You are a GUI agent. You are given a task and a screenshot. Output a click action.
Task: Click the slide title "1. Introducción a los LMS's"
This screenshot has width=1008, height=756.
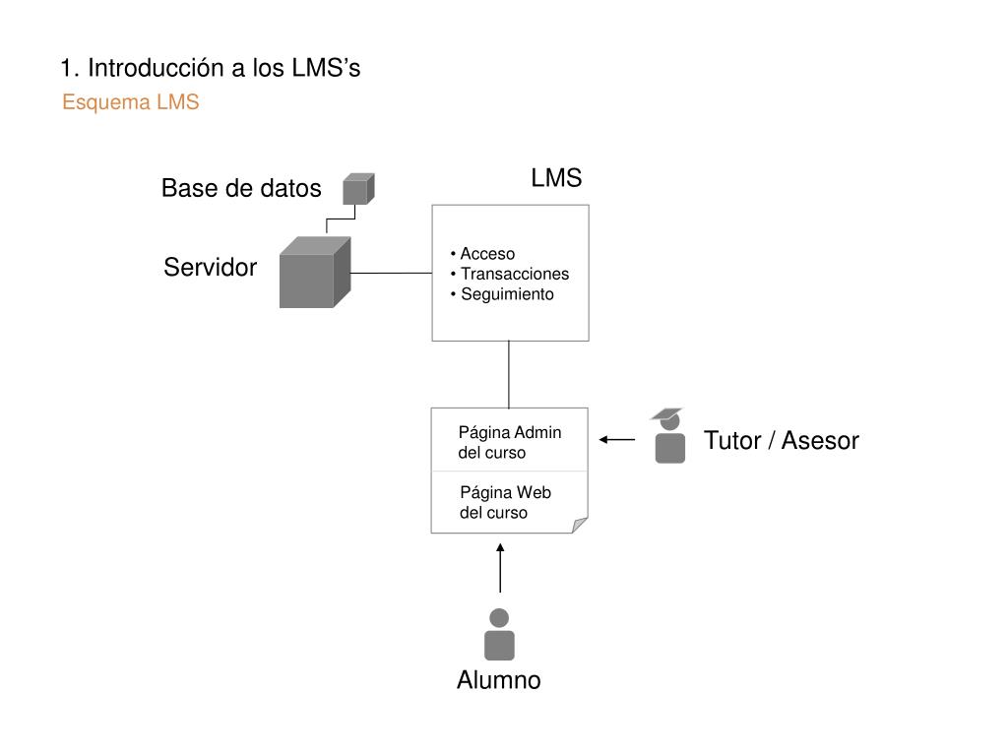tap(211, 68)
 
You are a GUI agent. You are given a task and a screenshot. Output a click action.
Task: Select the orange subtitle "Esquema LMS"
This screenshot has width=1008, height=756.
tap(131, 102)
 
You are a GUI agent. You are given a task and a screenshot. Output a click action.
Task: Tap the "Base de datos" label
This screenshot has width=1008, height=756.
tap(241, 188)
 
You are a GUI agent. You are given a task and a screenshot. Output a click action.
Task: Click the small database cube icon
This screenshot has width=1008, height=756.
tap(358, 188)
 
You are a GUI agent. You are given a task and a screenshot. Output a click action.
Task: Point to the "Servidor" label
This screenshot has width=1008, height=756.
tap(211, 267)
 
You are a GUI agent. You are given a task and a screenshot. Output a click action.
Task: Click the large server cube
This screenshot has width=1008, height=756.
tap(315, 273)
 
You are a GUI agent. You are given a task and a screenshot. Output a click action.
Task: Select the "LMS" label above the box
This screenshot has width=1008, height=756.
tap(556, 178)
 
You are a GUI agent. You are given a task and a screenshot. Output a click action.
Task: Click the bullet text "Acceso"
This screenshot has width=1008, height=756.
tap(487, 254)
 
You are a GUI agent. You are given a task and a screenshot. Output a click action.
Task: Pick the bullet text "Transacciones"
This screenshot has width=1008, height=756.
tap(515, 274)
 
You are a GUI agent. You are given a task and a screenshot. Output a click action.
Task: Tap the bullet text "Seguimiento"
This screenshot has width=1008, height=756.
tap(507, 294)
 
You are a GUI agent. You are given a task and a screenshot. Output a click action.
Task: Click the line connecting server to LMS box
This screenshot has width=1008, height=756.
tap(392, 274)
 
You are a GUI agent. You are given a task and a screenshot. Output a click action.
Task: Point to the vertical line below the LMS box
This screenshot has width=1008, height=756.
tap(509, 374)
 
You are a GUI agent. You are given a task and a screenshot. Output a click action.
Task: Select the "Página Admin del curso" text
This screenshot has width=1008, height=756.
tap(510, 442)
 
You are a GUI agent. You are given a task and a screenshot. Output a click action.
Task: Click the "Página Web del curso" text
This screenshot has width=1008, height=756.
tap(505, 502)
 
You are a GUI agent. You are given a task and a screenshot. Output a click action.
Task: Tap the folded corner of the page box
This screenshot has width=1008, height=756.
tap(579, 525)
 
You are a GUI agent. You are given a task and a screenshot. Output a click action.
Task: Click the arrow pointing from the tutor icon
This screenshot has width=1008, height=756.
tap(617, 440)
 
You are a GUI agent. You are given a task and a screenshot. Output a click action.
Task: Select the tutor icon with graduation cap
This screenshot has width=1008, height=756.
tap(668, 435)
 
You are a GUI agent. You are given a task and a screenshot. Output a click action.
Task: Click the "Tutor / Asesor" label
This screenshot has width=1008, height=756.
tap(781, 441)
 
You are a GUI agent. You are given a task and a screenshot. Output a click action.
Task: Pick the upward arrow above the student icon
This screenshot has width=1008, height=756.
tap(500, 568)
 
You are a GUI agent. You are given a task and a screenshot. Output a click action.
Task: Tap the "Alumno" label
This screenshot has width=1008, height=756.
tap(499, 680)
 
